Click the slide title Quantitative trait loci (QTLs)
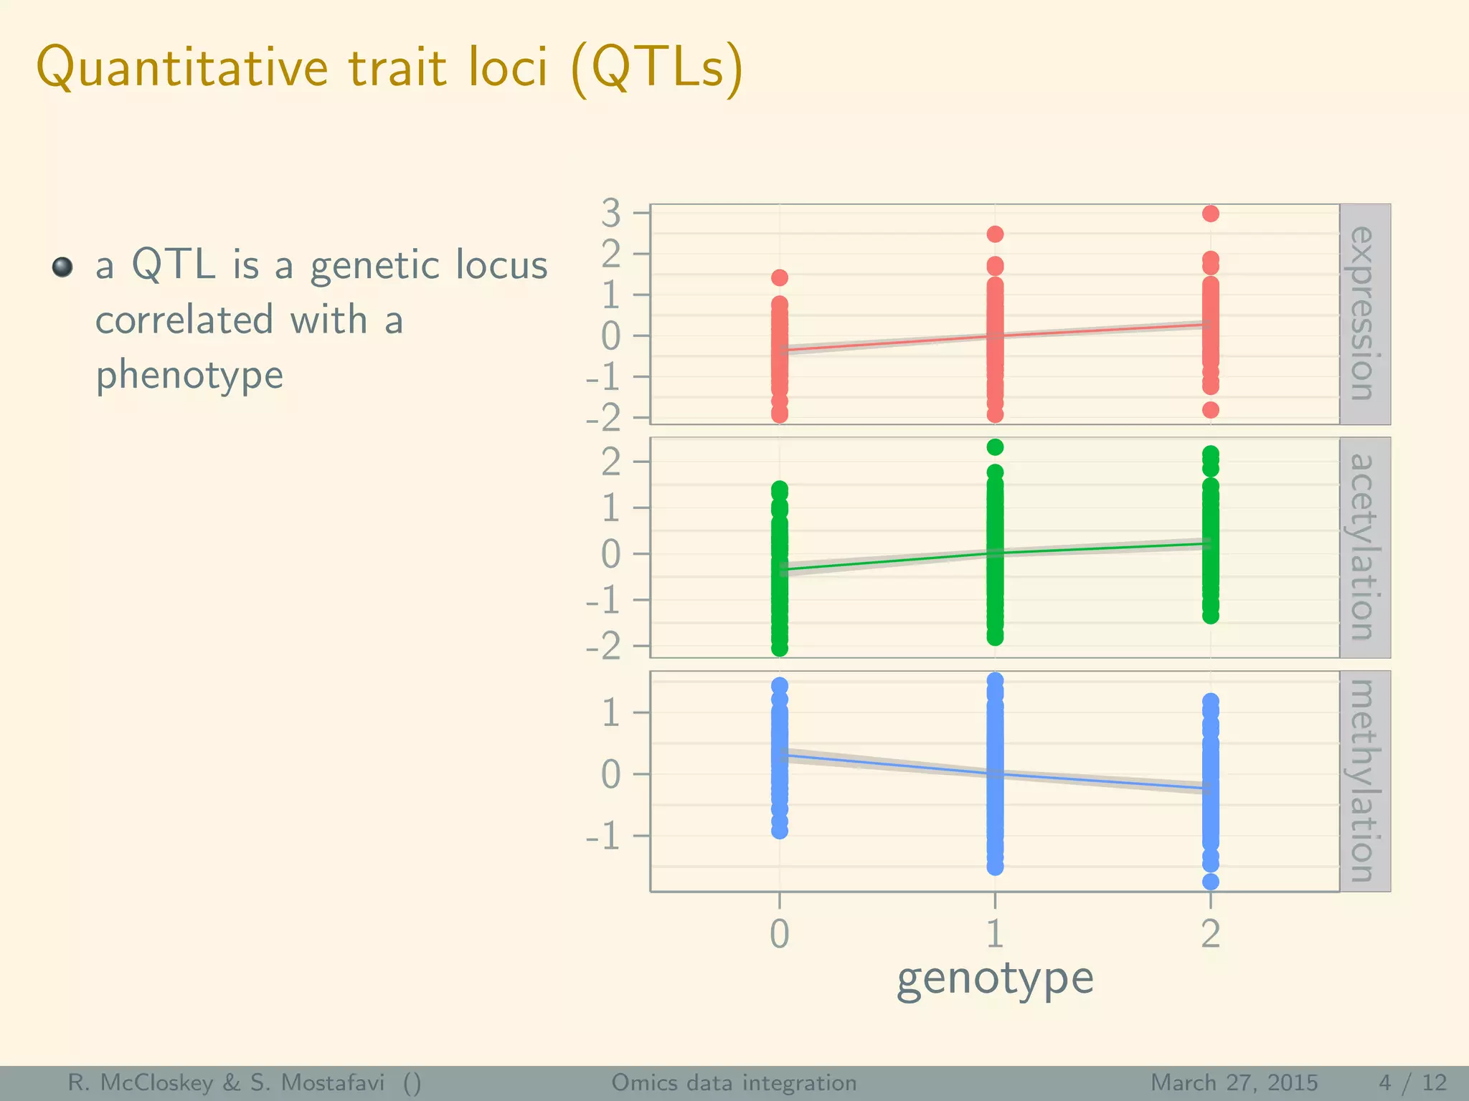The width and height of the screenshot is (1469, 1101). tap(389, 68)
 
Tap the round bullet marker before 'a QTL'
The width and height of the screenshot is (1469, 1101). tap(63, 267)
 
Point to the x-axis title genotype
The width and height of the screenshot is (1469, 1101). tap(995, 979)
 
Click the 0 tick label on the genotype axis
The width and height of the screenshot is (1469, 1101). tap(780, 934)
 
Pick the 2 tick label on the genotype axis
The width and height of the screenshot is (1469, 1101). tap(1211, 934)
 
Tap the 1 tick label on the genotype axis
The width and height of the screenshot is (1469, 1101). tap(995, 934)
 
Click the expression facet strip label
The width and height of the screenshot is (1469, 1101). tap(1364, 314)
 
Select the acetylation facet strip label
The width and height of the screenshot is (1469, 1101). tap(1364, 548)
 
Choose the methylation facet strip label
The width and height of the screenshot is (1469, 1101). tap(1364, 781)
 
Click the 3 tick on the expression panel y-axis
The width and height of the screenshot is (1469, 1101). tap(611, 213)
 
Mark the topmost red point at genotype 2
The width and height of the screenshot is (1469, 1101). tap(1211, 214)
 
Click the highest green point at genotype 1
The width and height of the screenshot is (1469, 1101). tap(995, 447)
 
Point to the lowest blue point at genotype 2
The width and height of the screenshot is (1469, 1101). tap(1211, 882)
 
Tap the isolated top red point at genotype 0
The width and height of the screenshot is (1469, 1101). tap(780, 277)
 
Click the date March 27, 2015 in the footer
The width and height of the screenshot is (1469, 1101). tap(1234, 1082)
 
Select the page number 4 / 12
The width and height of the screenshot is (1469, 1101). tap(1412, 1082)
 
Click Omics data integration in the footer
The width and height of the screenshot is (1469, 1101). tap(734, 1082)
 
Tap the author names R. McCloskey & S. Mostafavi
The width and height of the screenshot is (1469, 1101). tap(226, 1082)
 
